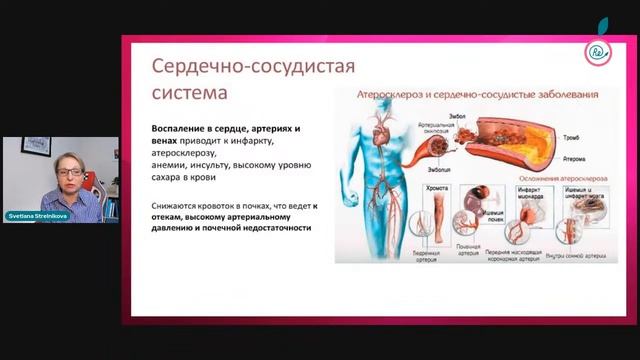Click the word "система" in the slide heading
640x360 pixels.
188,92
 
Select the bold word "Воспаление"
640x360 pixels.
185,130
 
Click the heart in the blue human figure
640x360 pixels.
376,147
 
